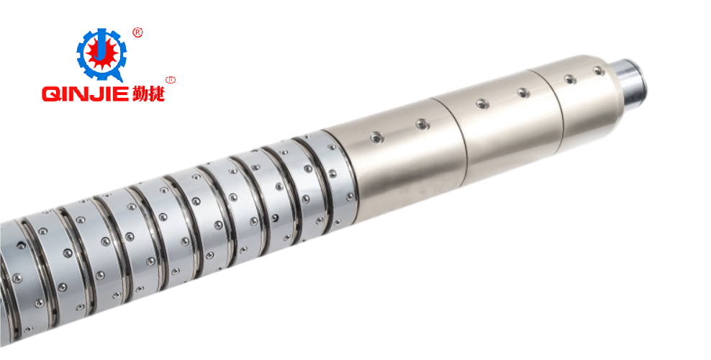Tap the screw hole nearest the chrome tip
(x=599, y=71)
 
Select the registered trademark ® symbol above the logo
(x=137, y=32)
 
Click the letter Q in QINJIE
(x=51, y=94)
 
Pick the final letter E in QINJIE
(x=122, y=94)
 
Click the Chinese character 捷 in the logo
(x=156, y=94)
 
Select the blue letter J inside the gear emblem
(x=101, y=47)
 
